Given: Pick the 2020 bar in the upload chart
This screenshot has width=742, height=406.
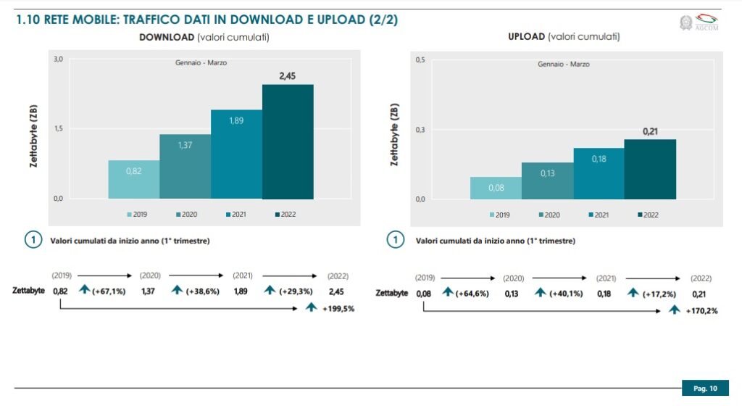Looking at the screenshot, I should [x=547, y=181].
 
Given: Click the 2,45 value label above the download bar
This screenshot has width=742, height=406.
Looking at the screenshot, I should [x=288, y=75].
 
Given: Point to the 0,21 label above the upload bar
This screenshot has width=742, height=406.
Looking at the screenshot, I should [x=650, y=131].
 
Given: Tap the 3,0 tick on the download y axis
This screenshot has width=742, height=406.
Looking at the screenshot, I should [x=58, y=59].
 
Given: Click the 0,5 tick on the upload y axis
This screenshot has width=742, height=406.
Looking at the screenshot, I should [x=420, y=59].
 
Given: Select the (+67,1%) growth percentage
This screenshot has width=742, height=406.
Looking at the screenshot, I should [x=108, y=291].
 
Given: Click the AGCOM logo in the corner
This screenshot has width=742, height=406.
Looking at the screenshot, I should [x=696, y=22].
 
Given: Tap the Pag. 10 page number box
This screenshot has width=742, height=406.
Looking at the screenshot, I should [x=705, y=389].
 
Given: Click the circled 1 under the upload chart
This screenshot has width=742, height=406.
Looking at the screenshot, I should [x=395, y=241].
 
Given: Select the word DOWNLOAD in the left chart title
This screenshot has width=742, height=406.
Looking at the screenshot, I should [x=167, y=36].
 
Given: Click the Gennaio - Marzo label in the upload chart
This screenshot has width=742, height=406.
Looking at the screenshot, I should [x=563, y=64].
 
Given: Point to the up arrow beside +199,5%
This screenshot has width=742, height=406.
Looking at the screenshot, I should [x=311, y=307].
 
